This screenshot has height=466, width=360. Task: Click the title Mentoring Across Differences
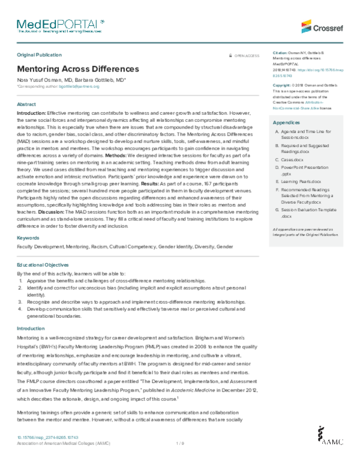[77, 69]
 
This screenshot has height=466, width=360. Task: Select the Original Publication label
[41, 55]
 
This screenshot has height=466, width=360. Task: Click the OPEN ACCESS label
[247, 55]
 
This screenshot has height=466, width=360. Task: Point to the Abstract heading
[26, 104]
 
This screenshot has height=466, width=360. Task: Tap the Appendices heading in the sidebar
[287, 123]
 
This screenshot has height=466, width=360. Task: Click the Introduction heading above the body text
[30, 328]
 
